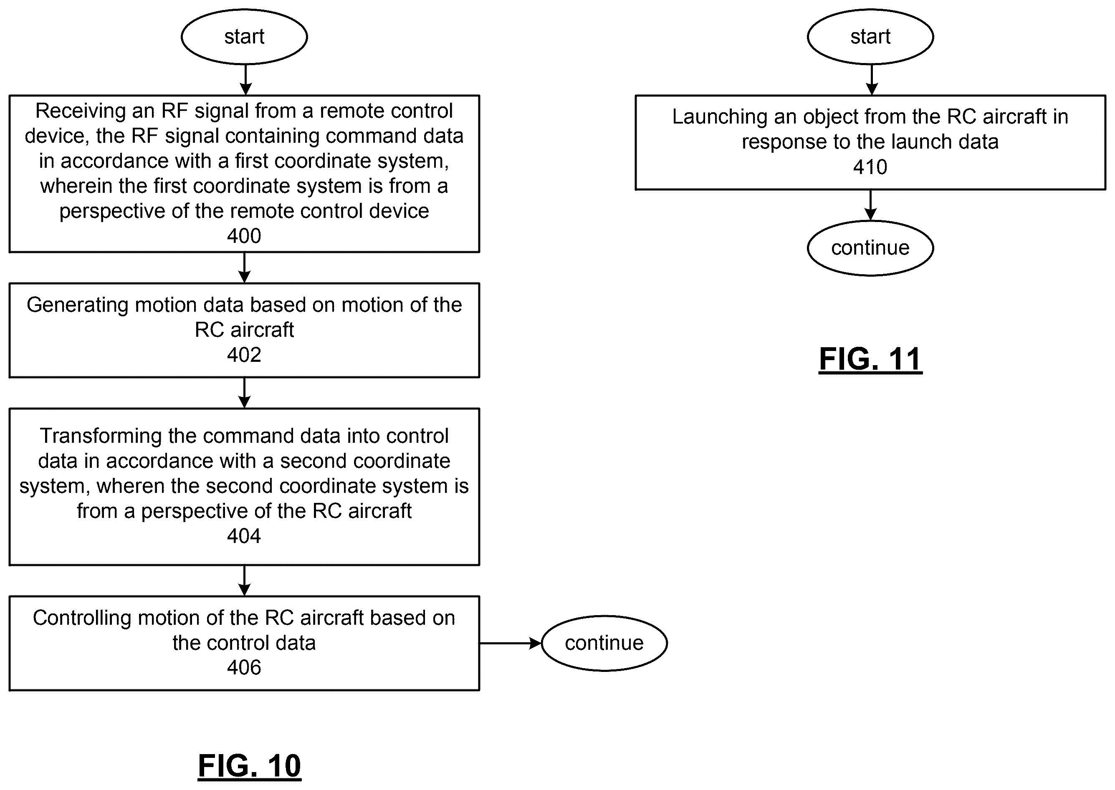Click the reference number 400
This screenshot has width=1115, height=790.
pos(244,236)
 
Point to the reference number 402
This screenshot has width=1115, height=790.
pos(244,355)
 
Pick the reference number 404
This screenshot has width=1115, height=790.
pos(244,536)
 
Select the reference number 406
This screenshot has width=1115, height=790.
pos(244,667)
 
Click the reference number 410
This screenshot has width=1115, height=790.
pos(870,167)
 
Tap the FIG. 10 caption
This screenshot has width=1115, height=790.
pos(250,766)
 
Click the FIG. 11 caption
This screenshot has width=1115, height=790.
pos(870,359)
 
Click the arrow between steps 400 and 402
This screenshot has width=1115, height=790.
pos(244,268)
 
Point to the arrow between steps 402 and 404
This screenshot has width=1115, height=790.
pos(244,393)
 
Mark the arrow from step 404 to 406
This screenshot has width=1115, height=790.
pos(244,581)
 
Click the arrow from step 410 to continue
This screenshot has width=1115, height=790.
pos(870,205)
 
